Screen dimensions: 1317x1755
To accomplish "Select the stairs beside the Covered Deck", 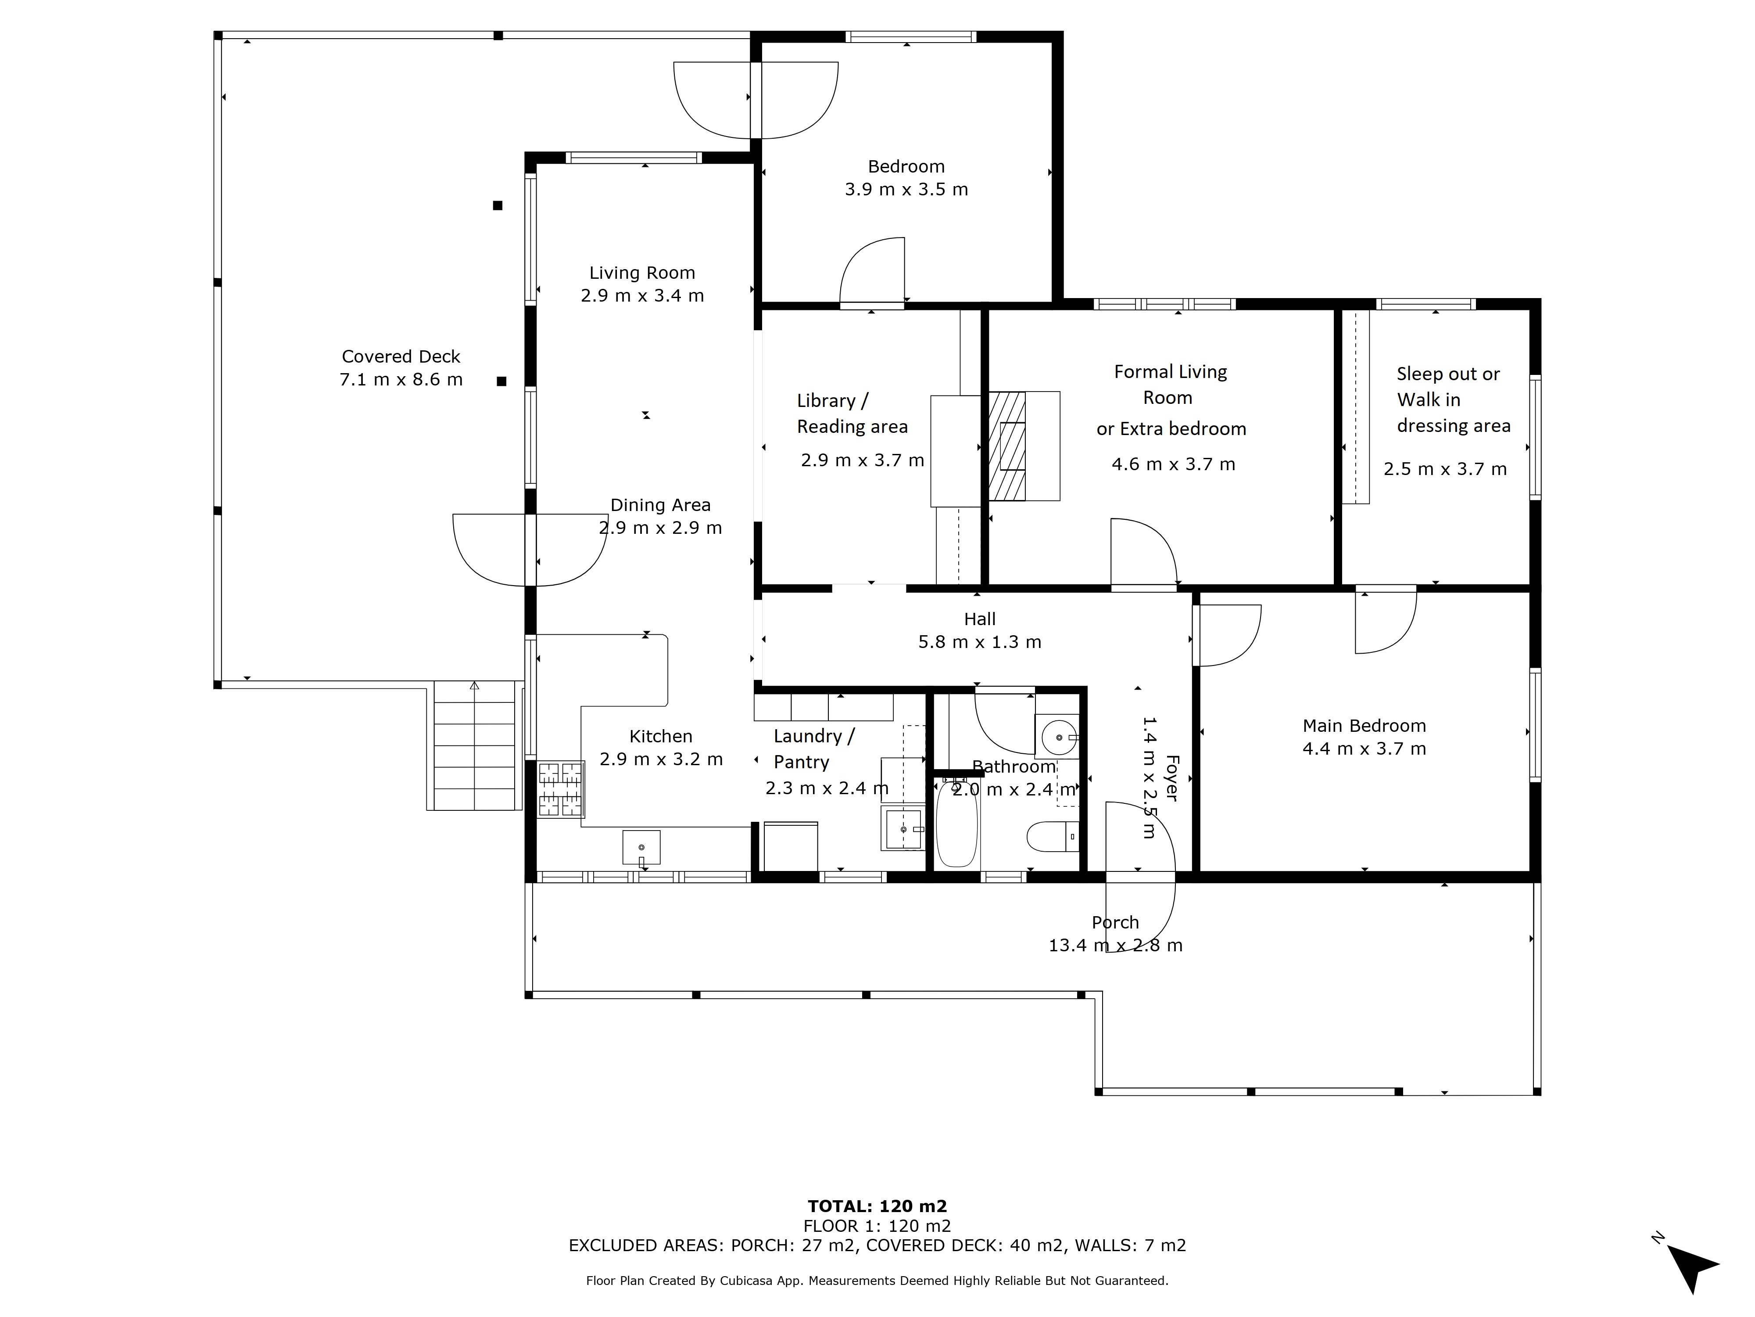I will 474,746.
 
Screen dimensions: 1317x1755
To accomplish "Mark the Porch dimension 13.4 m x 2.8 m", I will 1115,946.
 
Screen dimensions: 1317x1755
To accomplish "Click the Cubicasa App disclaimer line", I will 877,1281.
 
